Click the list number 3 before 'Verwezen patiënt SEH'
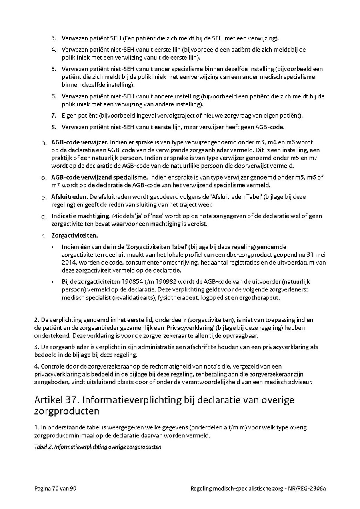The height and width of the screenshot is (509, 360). click(53, 38)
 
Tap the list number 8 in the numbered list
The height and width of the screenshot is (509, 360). click(53, 127)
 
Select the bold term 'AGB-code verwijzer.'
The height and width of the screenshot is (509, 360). click(80, 142)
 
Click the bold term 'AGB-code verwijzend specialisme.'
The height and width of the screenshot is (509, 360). click(100, 177)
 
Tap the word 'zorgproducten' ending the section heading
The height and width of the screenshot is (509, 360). click(67, 411)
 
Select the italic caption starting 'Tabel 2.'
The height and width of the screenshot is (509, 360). click(98, 447)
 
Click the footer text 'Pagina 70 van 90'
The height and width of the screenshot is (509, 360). click(55, 489)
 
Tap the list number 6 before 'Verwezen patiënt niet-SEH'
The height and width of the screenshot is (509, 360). click(53, 96)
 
